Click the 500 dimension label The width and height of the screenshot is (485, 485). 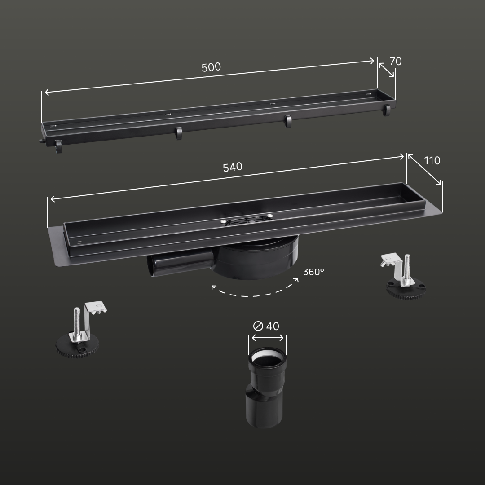click(x=211, y=67)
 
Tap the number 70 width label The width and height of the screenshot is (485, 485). click(x=395, y=61)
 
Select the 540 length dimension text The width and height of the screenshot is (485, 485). click(x=233, y=167)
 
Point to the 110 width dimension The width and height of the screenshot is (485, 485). click(x=432, y=160)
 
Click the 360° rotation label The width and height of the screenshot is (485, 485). click(x=313, y=272)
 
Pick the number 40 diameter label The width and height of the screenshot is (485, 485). click(x=273, y=326)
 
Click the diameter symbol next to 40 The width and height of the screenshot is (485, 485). click(x=258, y=326)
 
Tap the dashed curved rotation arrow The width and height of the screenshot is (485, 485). click(x=255, y=292)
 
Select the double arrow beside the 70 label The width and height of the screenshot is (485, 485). click(x=386, y=70)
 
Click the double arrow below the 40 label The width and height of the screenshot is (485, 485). click(x=268, y=337)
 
